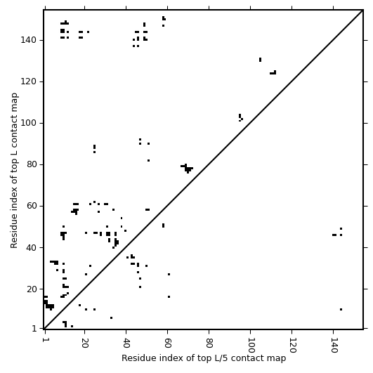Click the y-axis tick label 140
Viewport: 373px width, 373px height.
tap(28, 40)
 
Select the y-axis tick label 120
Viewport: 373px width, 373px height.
tap(28, 81)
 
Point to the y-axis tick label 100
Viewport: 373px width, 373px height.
tap(28, 123)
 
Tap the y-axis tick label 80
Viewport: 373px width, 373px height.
tap(31, 164)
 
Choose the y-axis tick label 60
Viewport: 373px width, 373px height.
tap(31, 206)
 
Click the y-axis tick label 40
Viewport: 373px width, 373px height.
tap(31, 247)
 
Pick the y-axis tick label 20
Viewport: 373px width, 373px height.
tap(31, 289)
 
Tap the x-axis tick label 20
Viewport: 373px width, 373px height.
tap(85, 343)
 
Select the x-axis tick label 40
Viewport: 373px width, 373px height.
tap(126, 343)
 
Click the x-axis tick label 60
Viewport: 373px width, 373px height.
tap(167, 343)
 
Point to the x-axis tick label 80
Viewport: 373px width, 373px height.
tap(209, 343)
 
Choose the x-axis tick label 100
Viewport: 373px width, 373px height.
tap(251, 346)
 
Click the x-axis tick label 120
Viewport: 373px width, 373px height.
tap(292, 346)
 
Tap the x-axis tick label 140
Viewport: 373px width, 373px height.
tap(333, 346)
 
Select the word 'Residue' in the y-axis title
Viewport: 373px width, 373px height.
tap(14, 234)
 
